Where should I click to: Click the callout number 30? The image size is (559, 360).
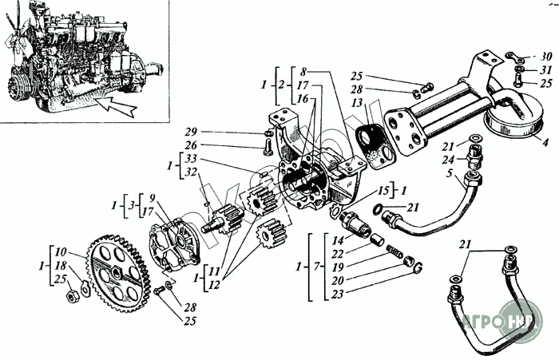(545, 57)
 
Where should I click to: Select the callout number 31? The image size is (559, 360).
(545, 69)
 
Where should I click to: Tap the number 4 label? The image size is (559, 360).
(545, 144)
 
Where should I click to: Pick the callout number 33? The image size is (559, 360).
(189, 160)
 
